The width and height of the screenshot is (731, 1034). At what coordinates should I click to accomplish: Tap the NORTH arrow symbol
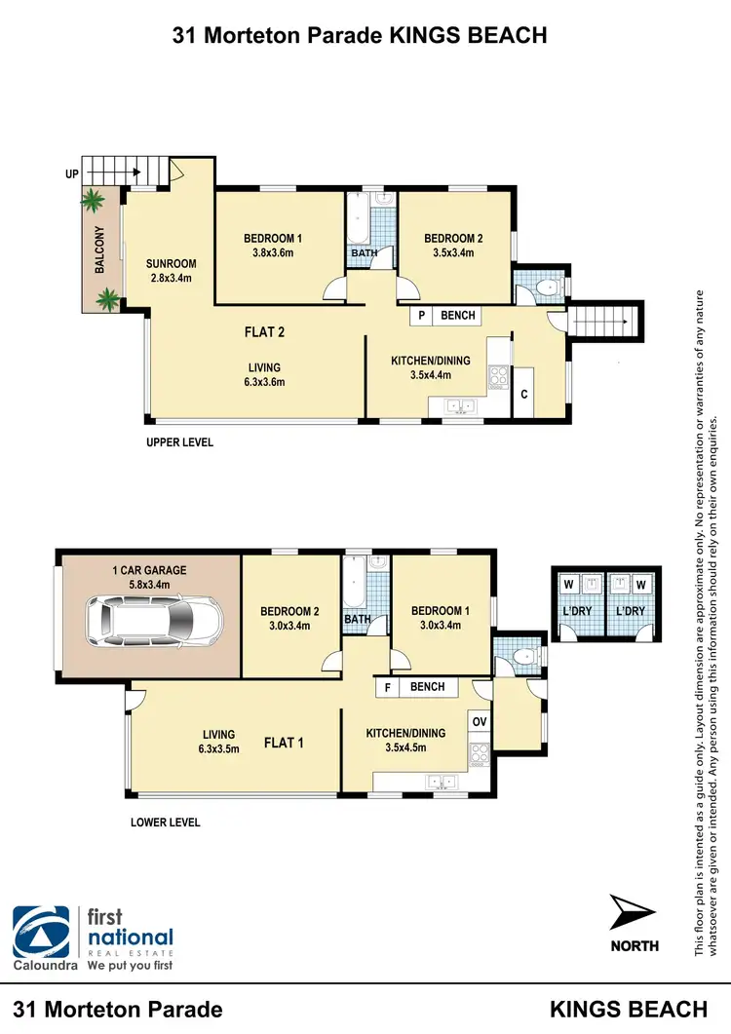631,913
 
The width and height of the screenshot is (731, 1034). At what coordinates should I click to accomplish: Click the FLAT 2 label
264,332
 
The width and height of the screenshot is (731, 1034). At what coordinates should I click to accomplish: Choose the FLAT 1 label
284,743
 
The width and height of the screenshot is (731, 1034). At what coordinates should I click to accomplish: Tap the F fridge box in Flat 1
387,687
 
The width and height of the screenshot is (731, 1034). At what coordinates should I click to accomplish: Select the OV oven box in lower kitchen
479,722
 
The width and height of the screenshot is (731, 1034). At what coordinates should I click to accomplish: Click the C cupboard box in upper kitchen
523,395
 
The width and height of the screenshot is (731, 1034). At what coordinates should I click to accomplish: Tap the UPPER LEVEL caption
179,442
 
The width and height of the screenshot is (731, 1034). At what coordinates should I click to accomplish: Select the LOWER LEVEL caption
165,823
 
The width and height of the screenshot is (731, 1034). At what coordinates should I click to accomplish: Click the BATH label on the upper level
364,254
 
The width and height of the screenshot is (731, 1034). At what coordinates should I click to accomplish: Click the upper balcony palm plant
93,202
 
